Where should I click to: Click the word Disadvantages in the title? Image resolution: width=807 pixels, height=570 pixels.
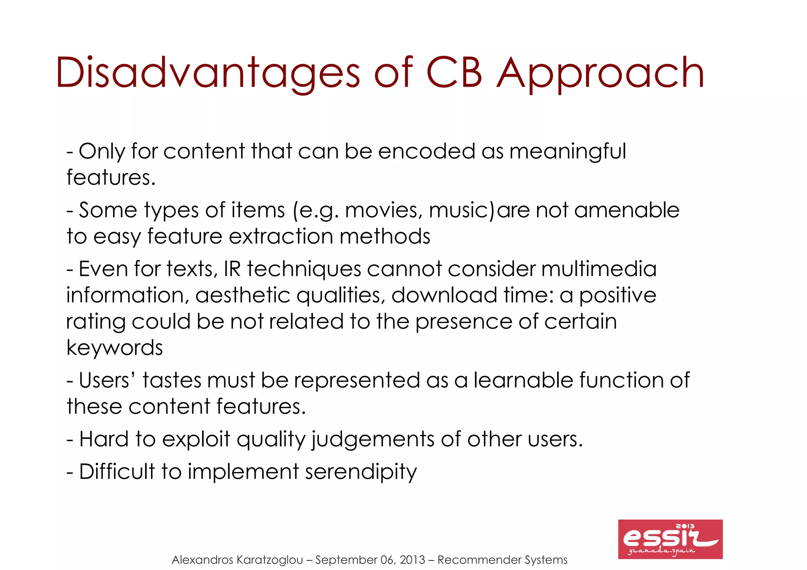[208, 73]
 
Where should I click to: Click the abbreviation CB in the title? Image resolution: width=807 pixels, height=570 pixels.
[454, 73]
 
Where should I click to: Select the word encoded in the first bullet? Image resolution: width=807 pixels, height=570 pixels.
[426, 151]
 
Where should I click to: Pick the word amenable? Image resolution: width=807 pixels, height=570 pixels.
[627, 210]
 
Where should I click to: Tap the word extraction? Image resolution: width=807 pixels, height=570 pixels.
[281, 236]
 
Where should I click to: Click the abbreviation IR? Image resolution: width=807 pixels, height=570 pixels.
[232, 269]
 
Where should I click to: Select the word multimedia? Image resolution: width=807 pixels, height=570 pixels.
[599, 269]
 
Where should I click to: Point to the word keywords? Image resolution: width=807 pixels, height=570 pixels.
[114, 348]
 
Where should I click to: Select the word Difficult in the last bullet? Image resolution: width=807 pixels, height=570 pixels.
[117, 472]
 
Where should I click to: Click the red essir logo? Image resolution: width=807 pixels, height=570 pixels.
[670, 539]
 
